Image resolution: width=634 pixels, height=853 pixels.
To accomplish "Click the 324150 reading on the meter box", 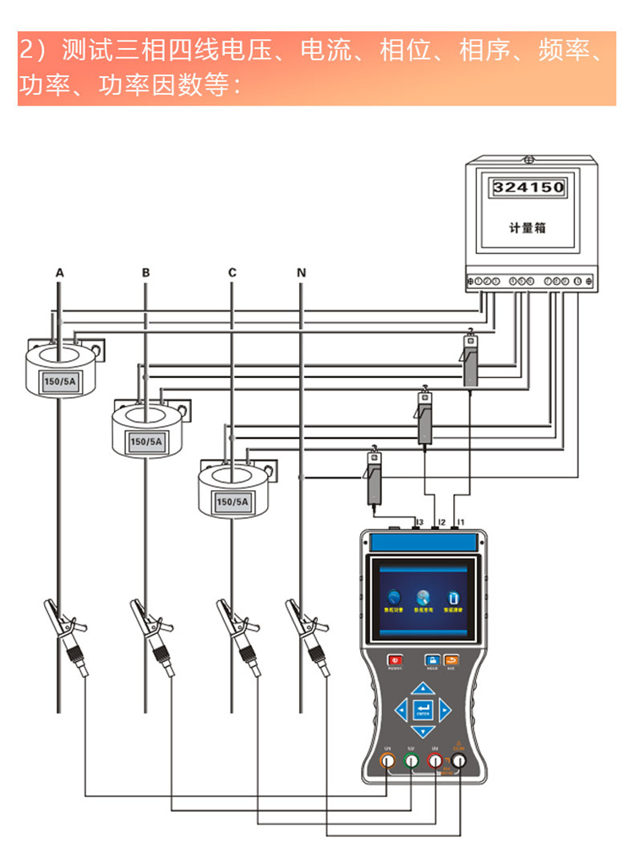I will click(x=528, y=187).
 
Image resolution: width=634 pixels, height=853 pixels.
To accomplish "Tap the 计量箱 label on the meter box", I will click(x=528, y=227).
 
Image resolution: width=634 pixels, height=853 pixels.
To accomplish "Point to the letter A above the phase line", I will click(x=59, y=273).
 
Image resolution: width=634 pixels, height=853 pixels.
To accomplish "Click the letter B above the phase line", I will click(x=145, y=273).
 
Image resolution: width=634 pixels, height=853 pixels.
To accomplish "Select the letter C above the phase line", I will click(x=232, y=273).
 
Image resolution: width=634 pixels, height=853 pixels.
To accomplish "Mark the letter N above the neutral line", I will click(x=301, y=273).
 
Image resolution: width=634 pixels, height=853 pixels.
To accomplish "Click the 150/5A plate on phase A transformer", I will click(x=59, y=382).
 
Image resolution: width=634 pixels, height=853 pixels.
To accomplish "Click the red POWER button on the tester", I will click(x=395, y=659).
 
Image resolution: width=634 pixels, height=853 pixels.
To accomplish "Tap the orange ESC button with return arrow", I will click(x=451, y=659).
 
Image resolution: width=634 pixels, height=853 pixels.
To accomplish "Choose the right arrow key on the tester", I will click(x=445, y=709).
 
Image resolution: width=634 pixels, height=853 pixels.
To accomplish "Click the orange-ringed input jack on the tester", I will click(x=387, y=762).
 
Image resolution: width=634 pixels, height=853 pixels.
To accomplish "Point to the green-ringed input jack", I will click(x=411, y=762).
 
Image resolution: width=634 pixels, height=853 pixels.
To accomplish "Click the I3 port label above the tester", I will click(x=418, y=522).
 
